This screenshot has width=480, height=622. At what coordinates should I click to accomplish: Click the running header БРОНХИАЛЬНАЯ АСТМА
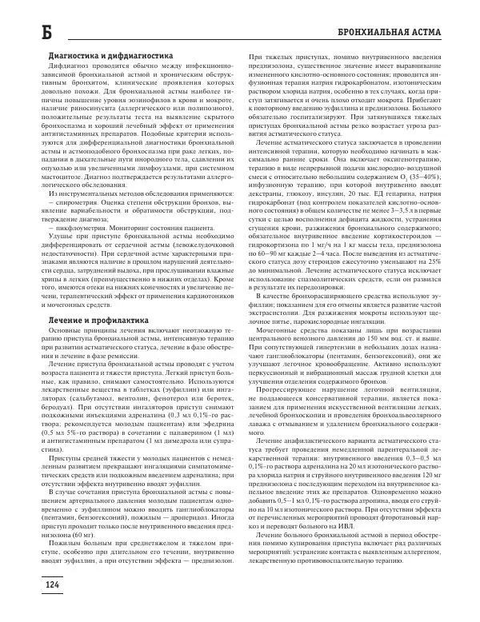tap(399, 34)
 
